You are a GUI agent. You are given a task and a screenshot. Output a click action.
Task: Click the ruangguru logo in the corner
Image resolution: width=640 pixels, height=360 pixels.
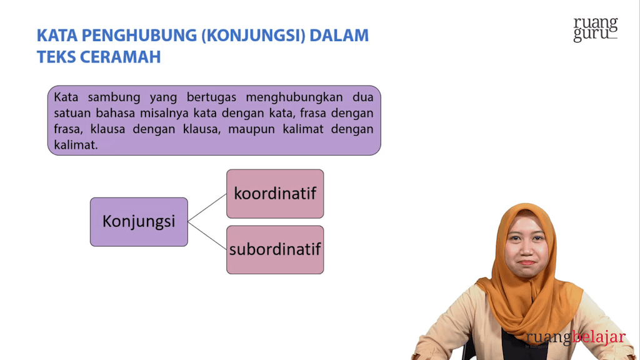(596, 29)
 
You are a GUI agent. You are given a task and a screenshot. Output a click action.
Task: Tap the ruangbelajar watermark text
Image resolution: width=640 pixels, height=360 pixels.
(576, 337)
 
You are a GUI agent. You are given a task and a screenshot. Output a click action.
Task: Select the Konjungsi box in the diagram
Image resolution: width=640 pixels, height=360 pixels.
(139, 222)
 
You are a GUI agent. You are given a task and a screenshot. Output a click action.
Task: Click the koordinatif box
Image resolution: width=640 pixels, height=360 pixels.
(275, 194)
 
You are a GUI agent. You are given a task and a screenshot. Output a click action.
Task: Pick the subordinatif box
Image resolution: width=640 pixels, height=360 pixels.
(275, 250)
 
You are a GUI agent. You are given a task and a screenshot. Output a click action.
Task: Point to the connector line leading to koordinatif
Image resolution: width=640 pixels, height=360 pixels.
(207, 207)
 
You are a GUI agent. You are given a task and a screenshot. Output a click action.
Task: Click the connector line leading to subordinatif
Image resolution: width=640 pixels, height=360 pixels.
(207, 236)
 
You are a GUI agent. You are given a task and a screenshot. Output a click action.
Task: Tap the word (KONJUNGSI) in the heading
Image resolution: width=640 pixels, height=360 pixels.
(254, 36)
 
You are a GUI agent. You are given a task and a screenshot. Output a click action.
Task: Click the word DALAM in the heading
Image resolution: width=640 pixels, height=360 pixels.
(339, 35)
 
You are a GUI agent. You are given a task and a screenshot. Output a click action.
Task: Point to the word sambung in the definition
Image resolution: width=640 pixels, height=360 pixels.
(114, 97)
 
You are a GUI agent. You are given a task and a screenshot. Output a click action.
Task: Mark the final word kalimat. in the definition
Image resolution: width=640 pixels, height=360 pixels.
(76, 145)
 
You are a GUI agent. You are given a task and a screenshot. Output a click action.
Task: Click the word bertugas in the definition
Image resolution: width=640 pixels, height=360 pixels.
(211, 97)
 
